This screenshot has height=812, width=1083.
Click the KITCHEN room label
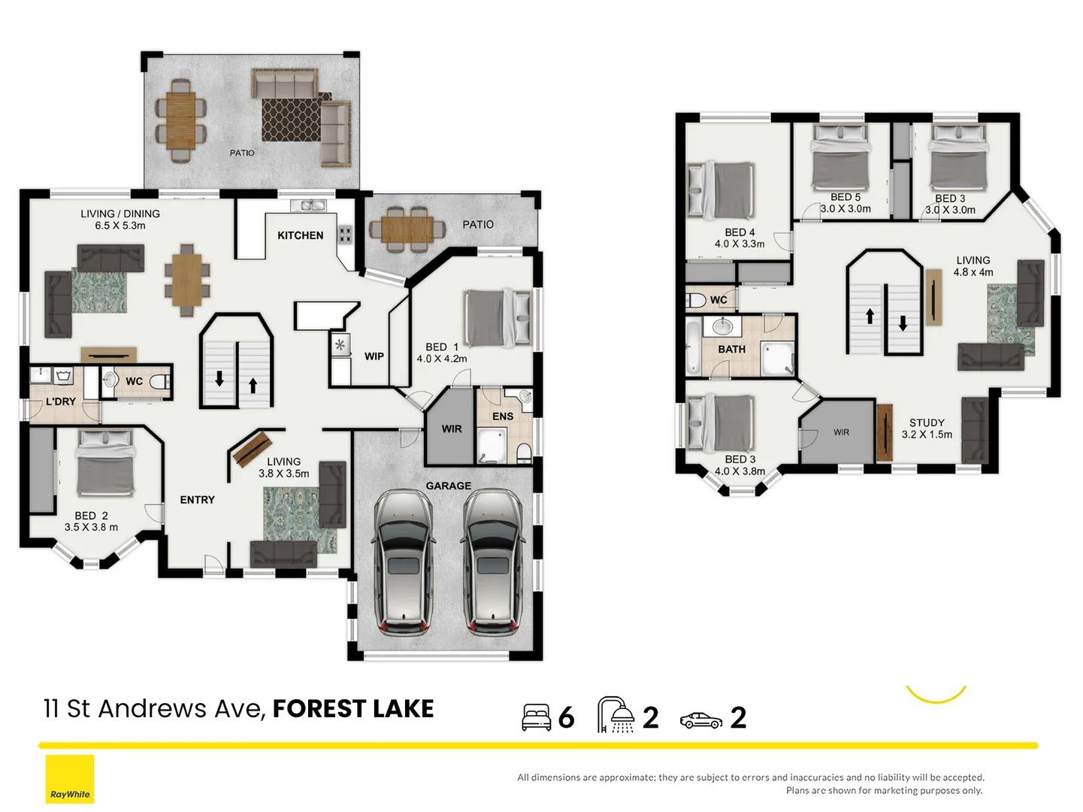pyautogui.click(x=300, y=235)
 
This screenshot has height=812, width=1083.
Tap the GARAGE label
pyautogui.click(x=448, y=486)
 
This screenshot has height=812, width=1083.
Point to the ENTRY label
pyautogui.click(x=197, y=499)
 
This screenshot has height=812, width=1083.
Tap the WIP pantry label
pyautogui.click(x=374, y=356)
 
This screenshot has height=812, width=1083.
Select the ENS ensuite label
pyautogui.click(x=502, y=416)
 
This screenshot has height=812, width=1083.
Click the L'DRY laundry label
pyautogui.click(x=60, y=401)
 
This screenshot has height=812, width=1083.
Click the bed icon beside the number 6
pyautogui.click(x=536, y=717)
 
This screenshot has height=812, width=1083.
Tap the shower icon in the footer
pyautogui.click(x=615, y=715)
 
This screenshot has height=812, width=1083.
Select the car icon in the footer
pyautogui.click(x=700, y=720)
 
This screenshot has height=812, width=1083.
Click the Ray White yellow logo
pyautogui.click(x=70, y=779)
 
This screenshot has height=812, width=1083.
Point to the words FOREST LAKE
pyautogui.click(x=352, y=708)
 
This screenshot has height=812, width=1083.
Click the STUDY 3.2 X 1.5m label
pyautogui.click(x=927, y=429)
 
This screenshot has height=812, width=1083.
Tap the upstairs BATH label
pyautogui.click(x=731, y=349)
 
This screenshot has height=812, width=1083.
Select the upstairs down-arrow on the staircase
pyautogui.click(x=903, y=323)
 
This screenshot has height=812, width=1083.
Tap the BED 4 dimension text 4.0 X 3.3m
pyautogui.click(x=740, y=244)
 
